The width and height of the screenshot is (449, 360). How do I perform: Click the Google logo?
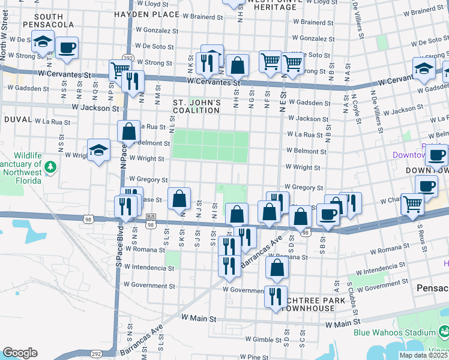[x=20, y=353]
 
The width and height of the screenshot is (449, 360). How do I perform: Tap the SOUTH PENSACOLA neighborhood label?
[x=47, y=20]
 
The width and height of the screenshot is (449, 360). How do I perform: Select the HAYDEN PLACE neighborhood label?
[x=146, y=14]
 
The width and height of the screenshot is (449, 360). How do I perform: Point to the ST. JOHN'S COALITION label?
[x=197, y=106]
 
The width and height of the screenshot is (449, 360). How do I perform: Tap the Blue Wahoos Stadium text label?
[x=394, y=332]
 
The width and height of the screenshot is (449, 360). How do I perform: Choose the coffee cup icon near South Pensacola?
[x=67, y=47]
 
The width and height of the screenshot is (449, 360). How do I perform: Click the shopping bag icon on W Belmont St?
[x=129, y=130]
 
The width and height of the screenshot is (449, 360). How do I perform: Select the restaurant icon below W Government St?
[x=276, y=296]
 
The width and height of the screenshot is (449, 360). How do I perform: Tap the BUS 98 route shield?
[x=151, y=220]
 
